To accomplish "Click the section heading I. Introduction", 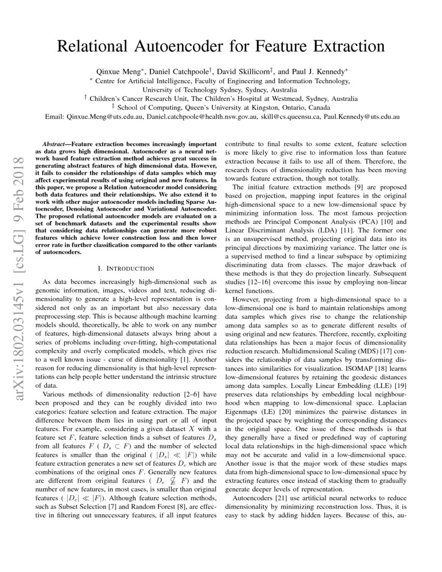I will tap(126, 268).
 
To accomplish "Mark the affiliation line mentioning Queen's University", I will tap(221, 108).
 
